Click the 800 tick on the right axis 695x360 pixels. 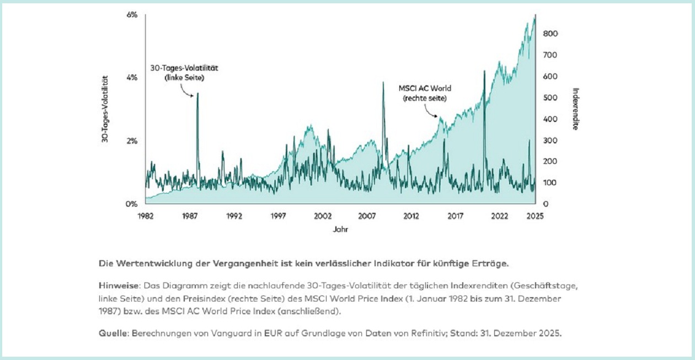[551, 34]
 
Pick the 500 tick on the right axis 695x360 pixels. [551, 98]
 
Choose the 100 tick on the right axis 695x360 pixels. [551, 182]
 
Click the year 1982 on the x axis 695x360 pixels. [146, 216]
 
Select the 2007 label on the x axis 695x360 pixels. [367, 216]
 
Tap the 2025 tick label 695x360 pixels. [534, 216]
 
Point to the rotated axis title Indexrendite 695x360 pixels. [575, 109]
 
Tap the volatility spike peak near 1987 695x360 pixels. [197, 94]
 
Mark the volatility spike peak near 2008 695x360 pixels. [383, 83]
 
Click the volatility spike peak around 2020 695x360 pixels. [484, 72]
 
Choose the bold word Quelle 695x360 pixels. [114, 334]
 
